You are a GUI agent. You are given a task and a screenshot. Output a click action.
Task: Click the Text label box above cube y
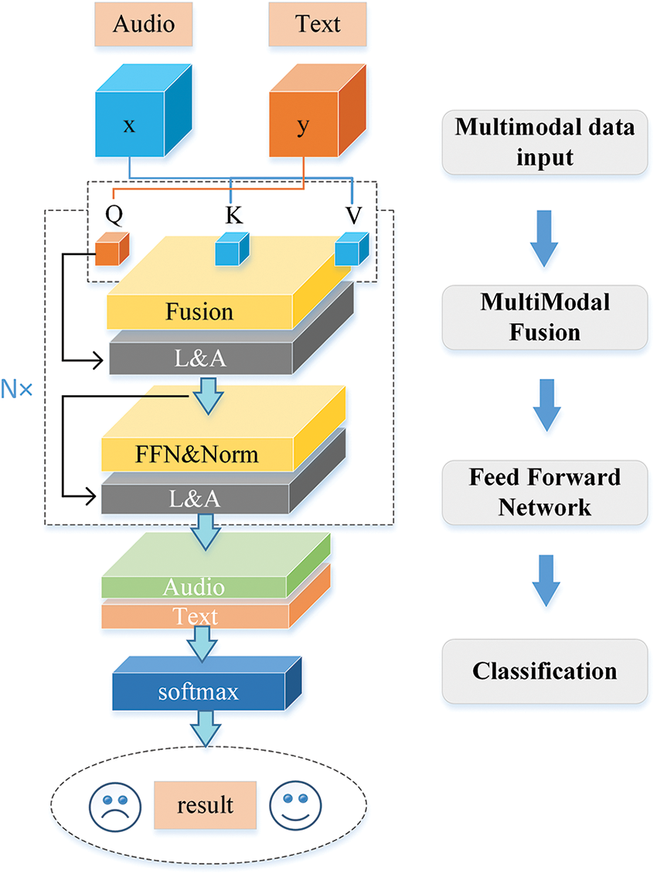pyautogui.click(x=317, y=24)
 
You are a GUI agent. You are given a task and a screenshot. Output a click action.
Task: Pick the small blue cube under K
pyautogui.click(x=230, y=249)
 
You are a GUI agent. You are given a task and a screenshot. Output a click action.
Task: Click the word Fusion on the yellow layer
pyautogui.click(x=199, y=312)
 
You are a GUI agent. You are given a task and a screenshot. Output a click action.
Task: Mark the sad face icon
pyautogui.click(x=112, y=807)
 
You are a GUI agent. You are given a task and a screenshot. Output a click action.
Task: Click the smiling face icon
pyautogui.click(x=290, y=806)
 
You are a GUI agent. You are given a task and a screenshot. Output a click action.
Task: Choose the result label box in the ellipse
pyautogui.click(x=205, y=806)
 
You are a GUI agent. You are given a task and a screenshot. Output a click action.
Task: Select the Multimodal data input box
pyautogui.click(x=545, y=142)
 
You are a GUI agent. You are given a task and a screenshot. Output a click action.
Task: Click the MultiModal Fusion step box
pyautogui.click(x=545, y=316)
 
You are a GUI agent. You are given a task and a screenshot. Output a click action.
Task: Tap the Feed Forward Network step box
pyautogui.click(x=545, y=493)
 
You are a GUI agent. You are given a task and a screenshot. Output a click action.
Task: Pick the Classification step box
pyautogui.click(x=545, y=670)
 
